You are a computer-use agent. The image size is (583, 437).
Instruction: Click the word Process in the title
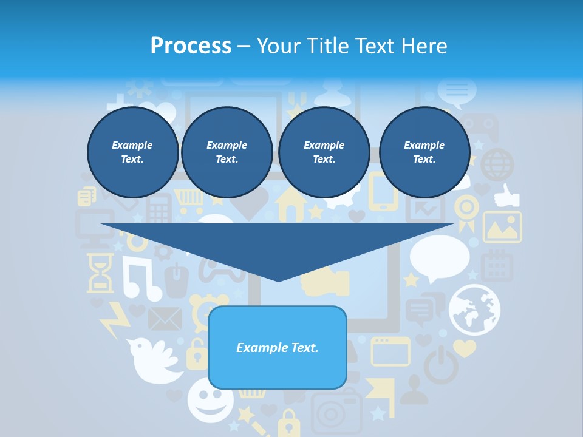pos(191,46)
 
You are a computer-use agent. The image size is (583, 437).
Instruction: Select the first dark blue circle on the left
pos(132,152)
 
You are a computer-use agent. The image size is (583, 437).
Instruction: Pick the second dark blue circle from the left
pos(227,152)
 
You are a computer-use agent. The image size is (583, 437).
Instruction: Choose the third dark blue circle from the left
pos(324,152)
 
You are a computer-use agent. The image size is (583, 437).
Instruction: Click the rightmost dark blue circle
pos(424,152)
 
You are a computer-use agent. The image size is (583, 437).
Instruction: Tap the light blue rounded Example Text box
pos(278,348)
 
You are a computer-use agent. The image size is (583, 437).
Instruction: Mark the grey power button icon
pos(440,364)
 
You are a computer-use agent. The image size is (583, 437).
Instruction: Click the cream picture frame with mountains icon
pos(502,227)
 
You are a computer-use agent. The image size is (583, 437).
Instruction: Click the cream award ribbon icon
pos(466,212)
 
